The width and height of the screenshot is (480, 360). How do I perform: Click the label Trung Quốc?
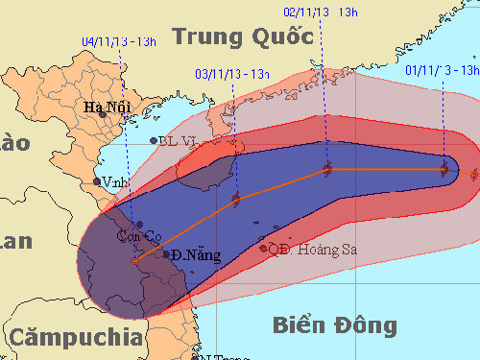pos(243,36)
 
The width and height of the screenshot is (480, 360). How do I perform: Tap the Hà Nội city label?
pos(107,108)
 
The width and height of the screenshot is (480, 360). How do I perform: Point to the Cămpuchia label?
pos(72,337)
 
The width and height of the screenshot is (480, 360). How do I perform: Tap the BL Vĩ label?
pos(180,142)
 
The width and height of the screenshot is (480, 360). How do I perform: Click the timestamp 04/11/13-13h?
pos(119,41)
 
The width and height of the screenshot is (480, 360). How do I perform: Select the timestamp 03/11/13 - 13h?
pos(231,72)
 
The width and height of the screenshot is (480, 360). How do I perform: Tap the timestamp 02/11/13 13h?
pos(321,12)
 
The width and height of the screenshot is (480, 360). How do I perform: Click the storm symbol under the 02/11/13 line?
pos(326,170)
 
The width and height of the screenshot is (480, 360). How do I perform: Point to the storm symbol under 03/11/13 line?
pos(235,201)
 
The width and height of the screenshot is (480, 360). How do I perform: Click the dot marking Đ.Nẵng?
pos(167,254)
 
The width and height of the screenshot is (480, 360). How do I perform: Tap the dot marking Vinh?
pos(97,181)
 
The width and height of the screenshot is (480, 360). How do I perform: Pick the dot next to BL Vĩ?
pos(154,142)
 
